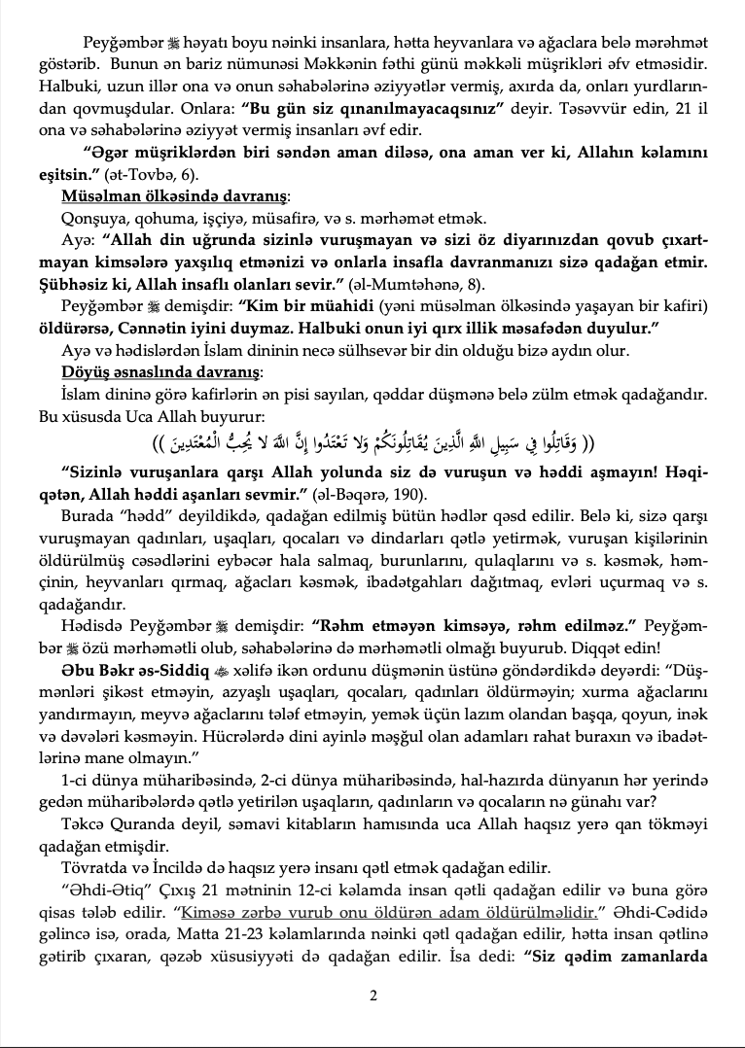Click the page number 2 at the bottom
tap(373, 995)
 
